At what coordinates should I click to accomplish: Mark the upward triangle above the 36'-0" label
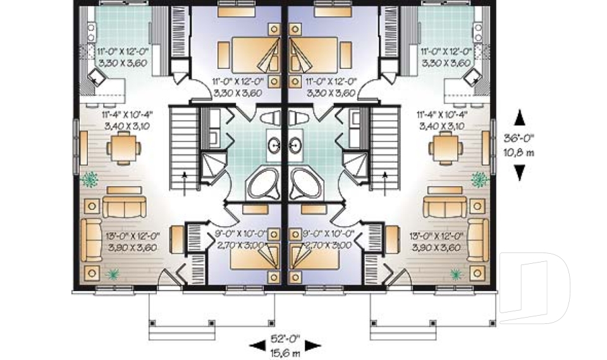[x=520, y=117]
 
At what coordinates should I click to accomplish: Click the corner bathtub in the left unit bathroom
[x=266, y=183]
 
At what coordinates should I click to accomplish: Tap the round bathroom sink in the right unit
[x=295, y=145]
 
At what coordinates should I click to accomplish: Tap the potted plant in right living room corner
[x=455, y=274]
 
